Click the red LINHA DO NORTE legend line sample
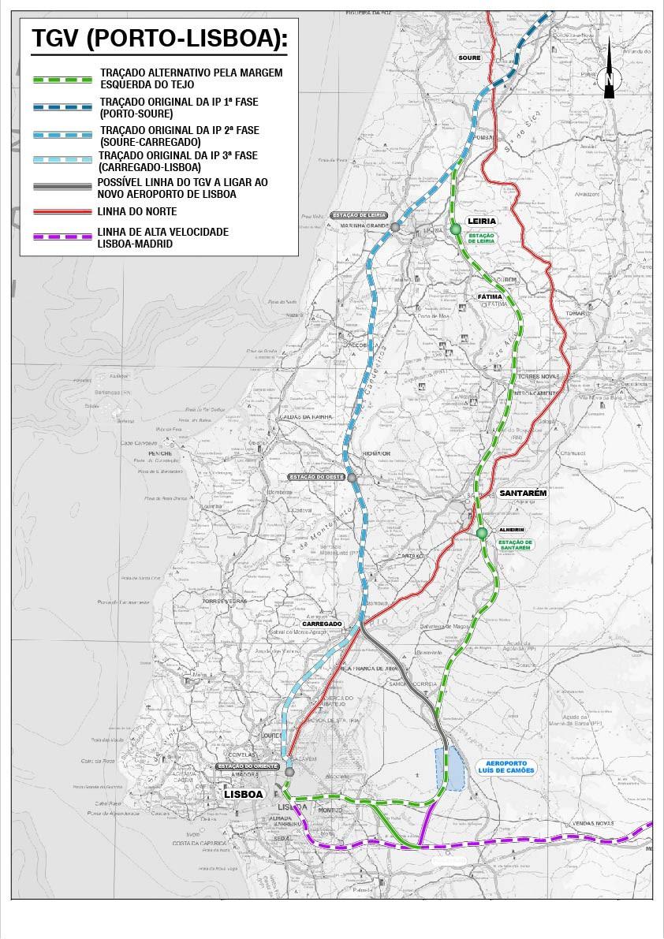62,212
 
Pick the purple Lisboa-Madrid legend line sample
62,237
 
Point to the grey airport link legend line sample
62,188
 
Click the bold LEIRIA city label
481,221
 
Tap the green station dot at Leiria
456,229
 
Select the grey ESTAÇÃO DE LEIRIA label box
359,215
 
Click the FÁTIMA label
490,297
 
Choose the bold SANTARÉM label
523,493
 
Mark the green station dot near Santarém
481,534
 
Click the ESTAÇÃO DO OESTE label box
315,477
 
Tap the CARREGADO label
322,624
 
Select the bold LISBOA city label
243,794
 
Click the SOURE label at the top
469,58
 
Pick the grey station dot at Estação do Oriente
289,772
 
